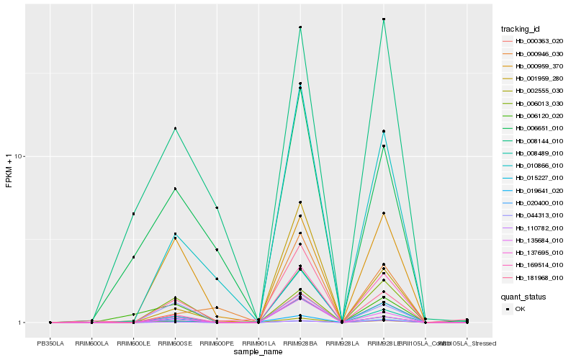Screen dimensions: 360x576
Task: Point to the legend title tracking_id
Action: click(x=521, y=29)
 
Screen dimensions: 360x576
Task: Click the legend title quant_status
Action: click(x=523, y=296)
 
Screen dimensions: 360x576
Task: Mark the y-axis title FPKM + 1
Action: click(x=9, y=171)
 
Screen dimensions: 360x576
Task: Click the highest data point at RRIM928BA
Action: click(x=300, y=27)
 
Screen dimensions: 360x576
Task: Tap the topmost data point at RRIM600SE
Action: click(x=175, y=128)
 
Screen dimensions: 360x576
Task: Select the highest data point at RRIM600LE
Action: click(x=133, y=214)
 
